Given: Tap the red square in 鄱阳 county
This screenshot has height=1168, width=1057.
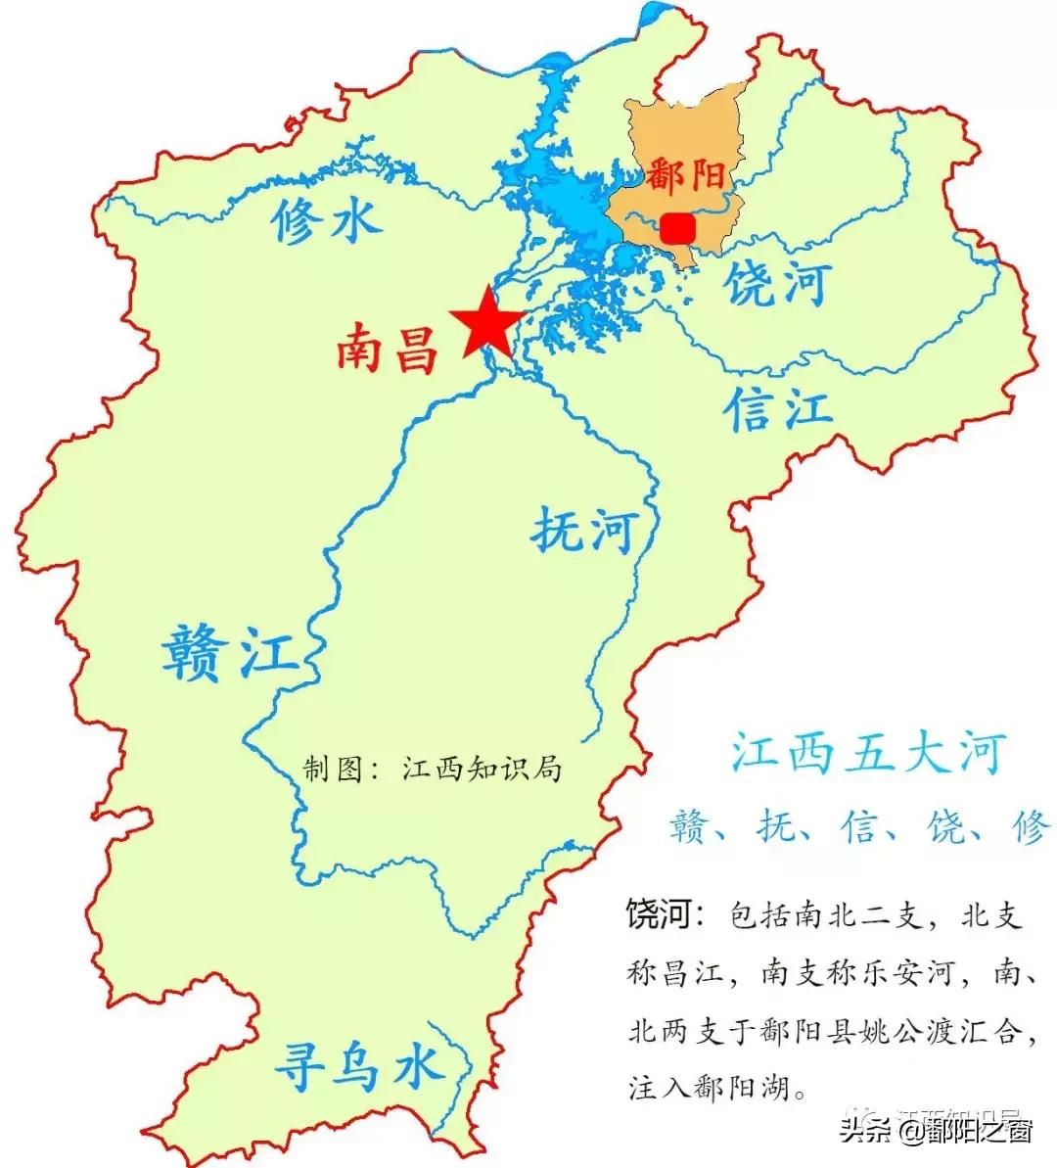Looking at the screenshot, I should tap(677, 228).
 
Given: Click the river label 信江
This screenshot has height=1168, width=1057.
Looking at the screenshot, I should tap(778, 408).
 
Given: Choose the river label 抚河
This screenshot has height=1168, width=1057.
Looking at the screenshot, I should tap(583, 532).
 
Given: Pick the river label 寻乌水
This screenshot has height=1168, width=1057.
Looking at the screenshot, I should tap(356, 1065).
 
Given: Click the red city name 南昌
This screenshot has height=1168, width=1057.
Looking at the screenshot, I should tap(388, 350).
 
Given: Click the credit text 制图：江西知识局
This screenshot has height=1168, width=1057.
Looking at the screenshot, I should tap(432, 769).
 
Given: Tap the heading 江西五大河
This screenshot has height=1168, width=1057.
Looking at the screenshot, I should tap(868, 755).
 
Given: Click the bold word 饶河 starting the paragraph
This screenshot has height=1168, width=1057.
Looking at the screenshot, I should tap(661, 915).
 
